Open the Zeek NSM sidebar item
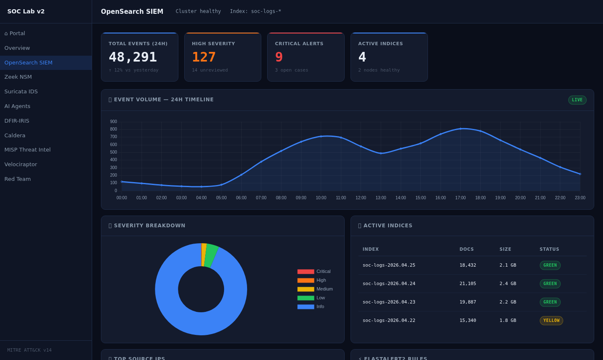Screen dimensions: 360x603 18,77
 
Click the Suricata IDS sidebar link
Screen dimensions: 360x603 21,92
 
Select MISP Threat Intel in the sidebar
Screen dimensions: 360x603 27,150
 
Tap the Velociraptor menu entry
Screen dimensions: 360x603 21,165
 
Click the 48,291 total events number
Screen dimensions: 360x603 133,57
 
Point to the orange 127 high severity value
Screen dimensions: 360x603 204,57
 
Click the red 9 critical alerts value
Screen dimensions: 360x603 279,57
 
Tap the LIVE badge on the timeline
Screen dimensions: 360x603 577,100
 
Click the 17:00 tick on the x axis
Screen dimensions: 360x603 460,198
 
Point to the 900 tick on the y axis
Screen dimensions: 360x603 113,122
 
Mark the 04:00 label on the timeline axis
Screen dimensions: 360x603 201,198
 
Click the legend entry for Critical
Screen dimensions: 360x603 323,272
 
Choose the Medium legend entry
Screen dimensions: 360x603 324,289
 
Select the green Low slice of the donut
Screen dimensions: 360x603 211,255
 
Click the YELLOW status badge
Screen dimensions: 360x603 551,321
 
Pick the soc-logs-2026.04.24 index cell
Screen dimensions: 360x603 389,284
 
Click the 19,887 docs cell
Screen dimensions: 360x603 467,302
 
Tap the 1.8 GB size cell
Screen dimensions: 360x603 508,321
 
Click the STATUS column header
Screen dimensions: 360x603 549,249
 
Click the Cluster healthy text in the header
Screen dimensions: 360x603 198,11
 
